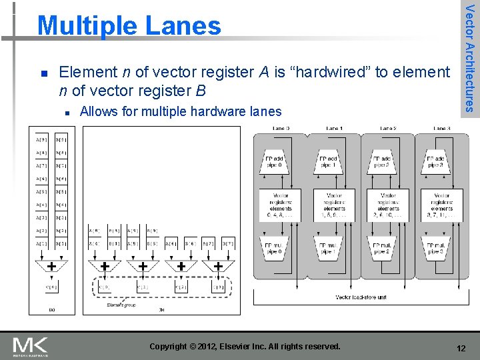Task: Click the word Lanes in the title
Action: coord(181,25)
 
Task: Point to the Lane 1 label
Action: coord(334,128)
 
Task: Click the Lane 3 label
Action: coord(441,128)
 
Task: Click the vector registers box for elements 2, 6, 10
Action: coord(387,205)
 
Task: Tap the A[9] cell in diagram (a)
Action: coord(41,140)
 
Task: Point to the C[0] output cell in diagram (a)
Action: coord(51,287)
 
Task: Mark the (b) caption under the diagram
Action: coord(161,310)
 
